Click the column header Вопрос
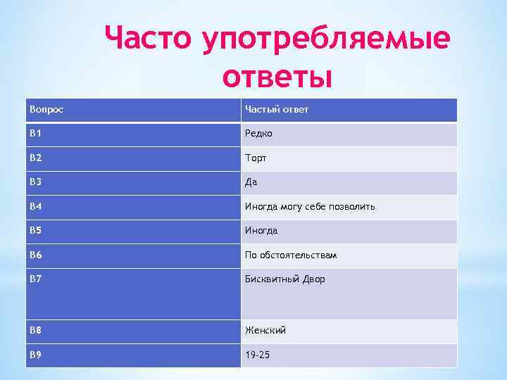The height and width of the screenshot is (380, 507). pyautogui.click(x=43, y=110)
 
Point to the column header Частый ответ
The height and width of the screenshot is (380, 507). pyautogui.click(x=276, y=110)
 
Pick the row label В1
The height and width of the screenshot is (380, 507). pyautogui.click(x=36, y=134)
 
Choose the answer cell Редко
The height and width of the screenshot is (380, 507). pyautogui.click(x=258, y=134)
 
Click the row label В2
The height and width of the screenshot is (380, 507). pyautogui.click(x=36, y=158)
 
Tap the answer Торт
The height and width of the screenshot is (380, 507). pyautogui.click(x=256, y=158)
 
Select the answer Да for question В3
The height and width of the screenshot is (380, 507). pyautogui.click(x=251, y=182)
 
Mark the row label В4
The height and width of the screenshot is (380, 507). pyautogui.click(x=36, y=206)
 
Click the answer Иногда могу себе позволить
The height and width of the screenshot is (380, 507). pyautogui.click(x=310, y=207)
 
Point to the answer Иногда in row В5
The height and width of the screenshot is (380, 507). pyautogui.click(x=261, y=231)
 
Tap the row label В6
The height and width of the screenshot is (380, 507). pyautogui.click(x=36, y=255)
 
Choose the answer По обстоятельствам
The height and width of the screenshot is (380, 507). pyautogui.click(x=291, y=255)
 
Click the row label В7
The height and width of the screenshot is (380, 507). pyautogui.click(x=36, y=279)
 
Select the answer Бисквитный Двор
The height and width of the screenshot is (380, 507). pyautogui.click(x=285, y=279)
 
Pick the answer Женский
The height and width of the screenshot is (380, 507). pyautogui.click(x=265, y=330)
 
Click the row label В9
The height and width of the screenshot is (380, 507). pyautogui.click(x=36, y=355)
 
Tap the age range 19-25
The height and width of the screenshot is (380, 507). pyautogui.click(x=257, y=355)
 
